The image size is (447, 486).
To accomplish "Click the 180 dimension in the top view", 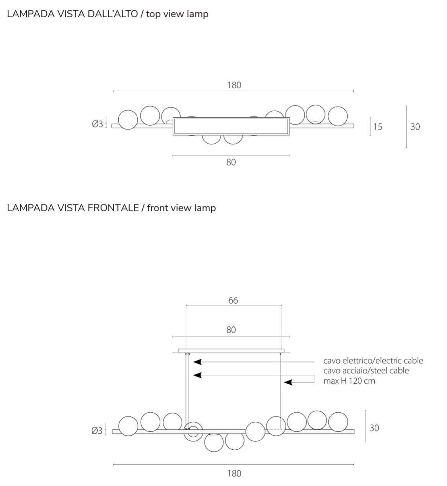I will (x=234, y=85).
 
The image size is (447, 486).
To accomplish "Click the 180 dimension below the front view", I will (x=234, y=473).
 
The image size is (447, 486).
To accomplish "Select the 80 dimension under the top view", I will (x=231, y=162).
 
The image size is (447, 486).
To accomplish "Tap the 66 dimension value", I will (x=233, y=301).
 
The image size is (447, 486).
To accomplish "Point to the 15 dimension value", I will (x=378, y=126).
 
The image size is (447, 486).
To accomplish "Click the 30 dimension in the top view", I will (x=415, y=126).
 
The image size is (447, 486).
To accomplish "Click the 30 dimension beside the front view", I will (x=374, y=428).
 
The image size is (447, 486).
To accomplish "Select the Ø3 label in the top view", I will (x=98, y=124).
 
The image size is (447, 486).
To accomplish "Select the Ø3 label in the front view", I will (x=97, y=431).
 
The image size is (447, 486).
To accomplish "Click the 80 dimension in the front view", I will (x=231, y=330).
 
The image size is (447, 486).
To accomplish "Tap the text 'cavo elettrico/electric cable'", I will (x=373, y=360).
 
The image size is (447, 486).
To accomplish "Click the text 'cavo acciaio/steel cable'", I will (x=366, y=371).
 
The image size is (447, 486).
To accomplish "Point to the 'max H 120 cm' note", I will (x=349, y=381).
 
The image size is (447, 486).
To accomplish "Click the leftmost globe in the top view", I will (x=128, y=120).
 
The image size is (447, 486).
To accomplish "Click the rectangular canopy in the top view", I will (x=231, y=126).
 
